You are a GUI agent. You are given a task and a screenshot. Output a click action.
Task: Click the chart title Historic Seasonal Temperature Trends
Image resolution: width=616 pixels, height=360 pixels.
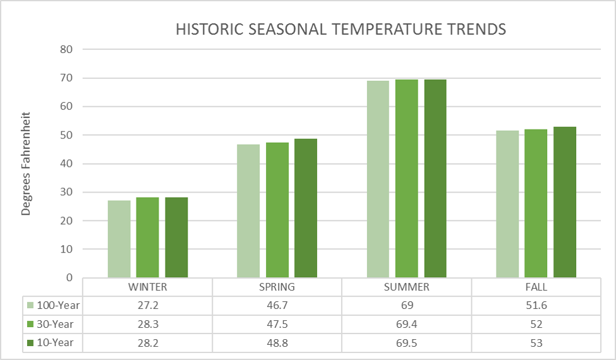(x=341, y=30)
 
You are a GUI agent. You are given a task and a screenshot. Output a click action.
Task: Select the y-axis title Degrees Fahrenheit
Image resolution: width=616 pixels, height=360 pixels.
(x=26, y=164)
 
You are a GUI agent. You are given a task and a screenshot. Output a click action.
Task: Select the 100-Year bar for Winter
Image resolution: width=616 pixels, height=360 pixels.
(x=119, y=239)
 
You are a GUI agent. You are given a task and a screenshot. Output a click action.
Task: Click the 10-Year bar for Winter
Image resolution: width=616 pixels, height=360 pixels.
(x=176, y=237)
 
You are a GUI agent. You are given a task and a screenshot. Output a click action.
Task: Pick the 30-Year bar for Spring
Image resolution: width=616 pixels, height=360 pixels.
(x=277, y=210)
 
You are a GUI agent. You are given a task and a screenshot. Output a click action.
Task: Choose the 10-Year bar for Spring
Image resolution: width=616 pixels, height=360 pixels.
(x=306, y=208)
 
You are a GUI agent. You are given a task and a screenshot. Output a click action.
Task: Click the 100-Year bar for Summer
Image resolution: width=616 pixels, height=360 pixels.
(x=378, y=179)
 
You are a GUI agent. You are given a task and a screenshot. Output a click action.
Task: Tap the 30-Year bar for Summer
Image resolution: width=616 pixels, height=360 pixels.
(x=406, y=178)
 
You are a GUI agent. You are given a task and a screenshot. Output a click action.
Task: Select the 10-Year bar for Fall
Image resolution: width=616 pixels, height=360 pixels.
(x=565, y=202)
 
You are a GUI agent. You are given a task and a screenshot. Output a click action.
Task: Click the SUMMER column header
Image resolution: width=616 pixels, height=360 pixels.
(x=406, y=287)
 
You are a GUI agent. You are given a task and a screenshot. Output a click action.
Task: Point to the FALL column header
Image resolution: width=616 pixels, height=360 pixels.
(x=536, y=287)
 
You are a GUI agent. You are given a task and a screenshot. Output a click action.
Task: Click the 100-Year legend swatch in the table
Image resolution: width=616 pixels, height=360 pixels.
(x=31, y=306)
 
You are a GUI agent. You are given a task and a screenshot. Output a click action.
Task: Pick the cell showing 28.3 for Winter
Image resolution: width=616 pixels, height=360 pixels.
(x=147, y=325)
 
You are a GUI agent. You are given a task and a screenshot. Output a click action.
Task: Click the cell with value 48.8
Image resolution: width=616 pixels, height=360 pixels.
(x=277, y=343)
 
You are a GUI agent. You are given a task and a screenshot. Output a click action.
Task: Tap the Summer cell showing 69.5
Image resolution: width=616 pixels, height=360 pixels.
(x=406, y=343)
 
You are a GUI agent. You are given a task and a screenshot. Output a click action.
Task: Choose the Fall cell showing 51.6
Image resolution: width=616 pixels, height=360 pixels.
(x=536, y=306)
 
